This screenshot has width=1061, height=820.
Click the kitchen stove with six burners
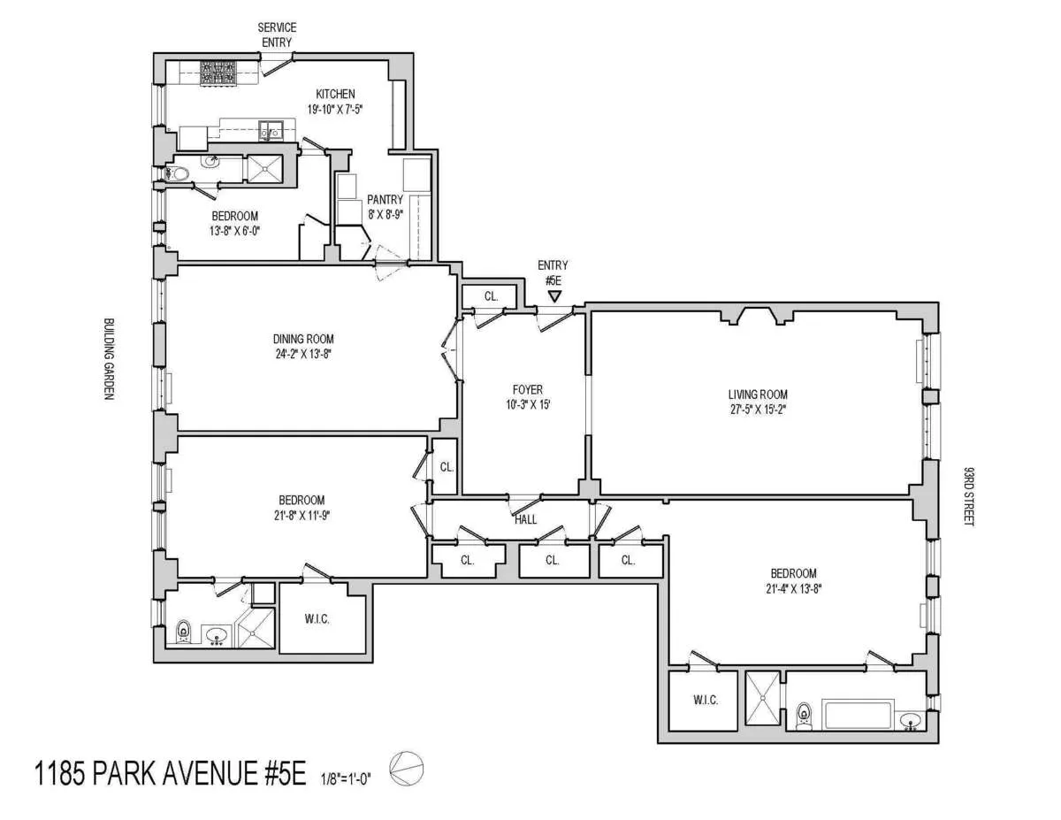point(218,73)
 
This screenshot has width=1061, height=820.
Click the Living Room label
point(757,395)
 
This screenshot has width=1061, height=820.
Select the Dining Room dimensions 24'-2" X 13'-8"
point(303,353)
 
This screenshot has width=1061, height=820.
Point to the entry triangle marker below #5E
point(553,296)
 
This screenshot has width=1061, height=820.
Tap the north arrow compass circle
point(408,767)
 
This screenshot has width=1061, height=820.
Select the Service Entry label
point(277,34)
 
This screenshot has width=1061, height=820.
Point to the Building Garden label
point(109,359)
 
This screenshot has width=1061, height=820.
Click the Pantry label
point(385,200)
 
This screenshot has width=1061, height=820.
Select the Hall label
point(525,520)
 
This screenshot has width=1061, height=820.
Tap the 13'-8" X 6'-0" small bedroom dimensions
point(234,231)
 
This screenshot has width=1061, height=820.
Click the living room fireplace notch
point(758,315)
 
